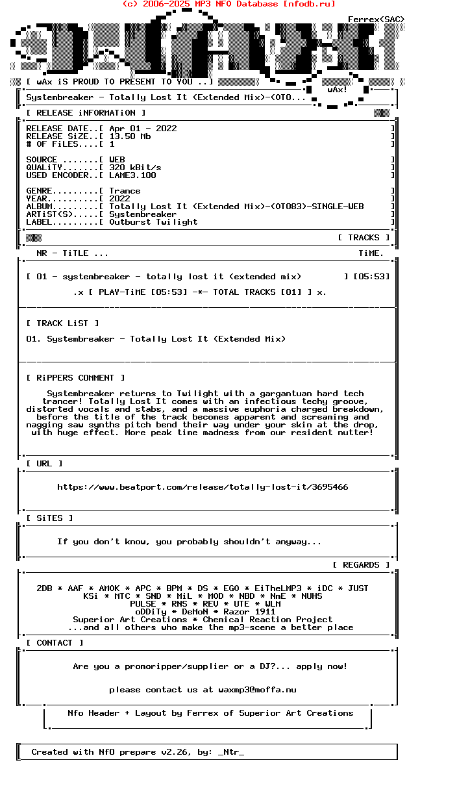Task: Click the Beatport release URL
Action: pos(203,487)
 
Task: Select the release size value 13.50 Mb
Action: pos(130,136)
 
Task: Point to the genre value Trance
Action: pos(125,191)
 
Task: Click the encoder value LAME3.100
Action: pos(132,175)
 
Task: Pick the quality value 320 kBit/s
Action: pos(135,168)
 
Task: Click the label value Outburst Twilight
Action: pos(153,222)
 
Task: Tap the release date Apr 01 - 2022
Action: pos(143,129)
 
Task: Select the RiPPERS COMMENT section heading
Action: pos(75,378)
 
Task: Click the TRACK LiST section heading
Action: pos(62,323)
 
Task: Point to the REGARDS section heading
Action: pos(361,565)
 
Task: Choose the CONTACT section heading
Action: pos(55,643)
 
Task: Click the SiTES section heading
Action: pos(49,518)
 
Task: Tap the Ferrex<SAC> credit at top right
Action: pos(377,19)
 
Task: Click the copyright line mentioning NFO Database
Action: pos(228,4)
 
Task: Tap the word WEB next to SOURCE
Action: pos(117,160)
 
